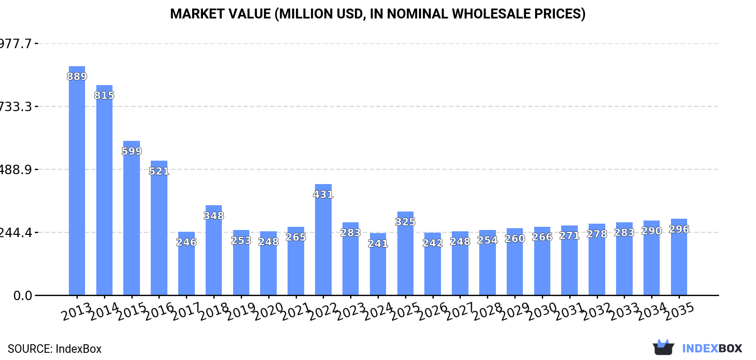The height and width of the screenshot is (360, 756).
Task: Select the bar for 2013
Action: pos(77,180)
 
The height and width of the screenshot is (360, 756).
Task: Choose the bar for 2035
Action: pos(679,257)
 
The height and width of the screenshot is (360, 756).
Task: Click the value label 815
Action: pos(104,95)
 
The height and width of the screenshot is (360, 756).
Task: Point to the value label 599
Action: pos(132,151)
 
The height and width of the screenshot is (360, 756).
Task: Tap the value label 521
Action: pos(159,171)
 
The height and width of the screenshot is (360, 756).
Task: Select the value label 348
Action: pos(214,216)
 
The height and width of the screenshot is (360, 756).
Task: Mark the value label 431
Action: pos(323,194)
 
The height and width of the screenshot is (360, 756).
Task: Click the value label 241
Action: pos(378,243)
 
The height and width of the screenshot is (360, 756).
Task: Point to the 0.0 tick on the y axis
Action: pos(22,296)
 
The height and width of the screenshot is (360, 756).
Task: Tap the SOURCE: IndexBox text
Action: pos(54,349)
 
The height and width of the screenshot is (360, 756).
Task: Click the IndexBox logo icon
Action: pos(663,347)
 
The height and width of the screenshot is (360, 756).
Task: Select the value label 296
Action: pos(679,229)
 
